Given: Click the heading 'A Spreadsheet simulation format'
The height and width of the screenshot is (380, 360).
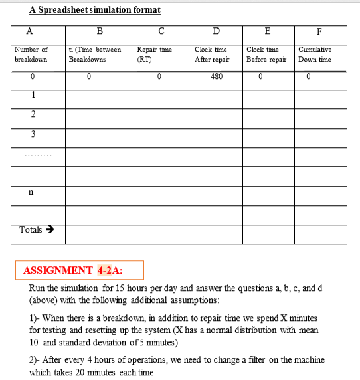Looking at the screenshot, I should [x=95, y=10].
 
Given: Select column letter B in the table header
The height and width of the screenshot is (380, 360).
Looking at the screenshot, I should [x=100, y=30].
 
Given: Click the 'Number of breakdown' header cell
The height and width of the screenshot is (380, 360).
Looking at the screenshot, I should [x=31, y=54].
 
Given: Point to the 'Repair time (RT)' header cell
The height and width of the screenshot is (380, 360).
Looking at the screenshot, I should [x=154, y=54].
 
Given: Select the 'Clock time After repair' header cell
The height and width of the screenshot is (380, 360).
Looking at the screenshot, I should [x=211, y=54].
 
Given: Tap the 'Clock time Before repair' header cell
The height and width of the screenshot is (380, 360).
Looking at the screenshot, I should [x=266, y=54].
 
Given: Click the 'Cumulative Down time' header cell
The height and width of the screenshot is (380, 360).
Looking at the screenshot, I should [x=315, y=54].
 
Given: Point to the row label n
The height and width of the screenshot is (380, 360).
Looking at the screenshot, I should [x=31, y=193].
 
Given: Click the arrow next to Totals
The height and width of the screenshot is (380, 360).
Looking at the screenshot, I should [x=48, y=230].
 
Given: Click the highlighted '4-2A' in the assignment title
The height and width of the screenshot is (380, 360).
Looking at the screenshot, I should [x=110, y=270].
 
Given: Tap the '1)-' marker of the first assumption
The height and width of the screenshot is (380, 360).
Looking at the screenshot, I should [x=37, y=318].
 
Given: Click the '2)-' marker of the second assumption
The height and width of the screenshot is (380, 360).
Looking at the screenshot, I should [x=37, y=359].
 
